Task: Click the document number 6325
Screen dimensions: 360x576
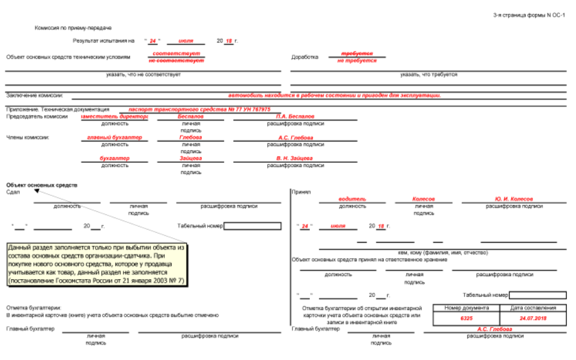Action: (x=466, y=319)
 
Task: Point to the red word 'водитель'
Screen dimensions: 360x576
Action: (x=352, y=199)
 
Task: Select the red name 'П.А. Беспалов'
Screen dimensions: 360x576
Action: (x=295, y=116)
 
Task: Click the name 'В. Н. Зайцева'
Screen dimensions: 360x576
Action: (x=295, y=158)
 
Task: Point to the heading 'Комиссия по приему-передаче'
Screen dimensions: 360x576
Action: (x=73, y=28)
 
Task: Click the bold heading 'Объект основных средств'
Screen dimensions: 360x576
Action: (x=42, y=185)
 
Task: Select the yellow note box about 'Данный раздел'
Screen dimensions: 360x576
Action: (x=96, y=264)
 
